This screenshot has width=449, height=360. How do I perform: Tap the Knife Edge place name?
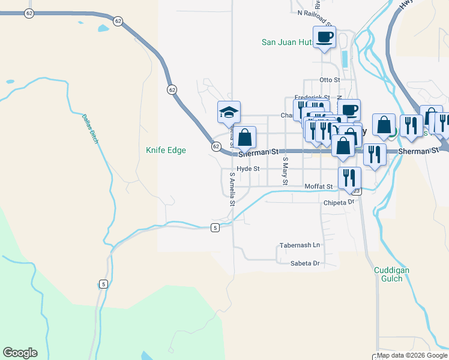coord(166,151)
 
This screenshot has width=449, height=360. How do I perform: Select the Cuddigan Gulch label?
coord(391,275)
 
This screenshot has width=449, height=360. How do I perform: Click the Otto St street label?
coord(330,79)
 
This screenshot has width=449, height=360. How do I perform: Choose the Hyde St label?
coord(248,169)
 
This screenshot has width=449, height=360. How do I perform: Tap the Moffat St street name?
coord(318,187)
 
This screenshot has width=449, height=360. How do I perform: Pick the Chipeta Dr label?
coord(339,203)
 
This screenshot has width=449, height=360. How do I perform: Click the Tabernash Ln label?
coord(300,245)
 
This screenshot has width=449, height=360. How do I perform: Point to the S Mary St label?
coord(286,171)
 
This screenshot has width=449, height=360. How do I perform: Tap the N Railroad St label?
coord(315,11)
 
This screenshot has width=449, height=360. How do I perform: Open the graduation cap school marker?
coord(229,112)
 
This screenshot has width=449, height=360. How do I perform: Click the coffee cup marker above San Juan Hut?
coord(324,37)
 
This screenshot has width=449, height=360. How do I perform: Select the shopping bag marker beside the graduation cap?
coord(244,137)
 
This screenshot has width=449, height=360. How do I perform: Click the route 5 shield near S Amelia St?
coord(214,227)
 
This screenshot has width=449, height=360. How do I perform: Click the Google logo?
coord(20,353)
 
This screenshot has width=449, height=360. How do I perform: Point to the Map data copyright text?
coord(412,356)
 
